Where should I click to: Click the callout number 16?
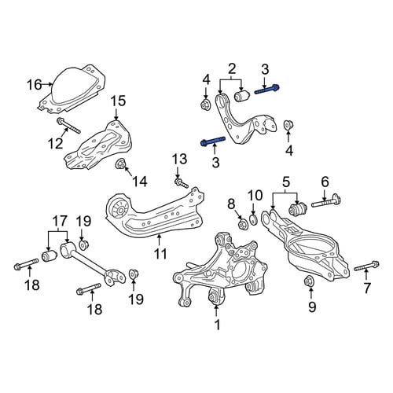click(35, 85)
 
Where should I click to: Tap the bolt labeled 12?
click(68, 126)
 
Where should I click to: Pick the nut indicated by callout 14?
click(121, 164)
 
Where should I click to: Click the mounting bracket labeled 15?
click(98, 145)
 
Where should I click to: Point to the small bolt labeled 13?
click(182, 182)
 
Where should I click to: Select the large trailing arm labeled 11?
click(155, 213)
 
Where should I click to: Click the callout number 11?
click(160, 253)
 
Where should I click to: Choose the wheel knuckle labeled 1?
click(221, 270)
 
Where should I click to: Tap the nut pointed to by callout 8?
click(242, 225)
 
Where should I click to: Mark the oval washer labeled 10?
click(253, 219)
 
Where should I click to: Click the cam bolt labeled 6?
click(325, 203)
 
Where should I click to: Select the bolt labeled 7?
click(366, 266)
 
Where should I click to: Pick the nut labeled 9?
click(309, 281)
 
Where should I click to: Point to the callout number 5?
click(285, 182)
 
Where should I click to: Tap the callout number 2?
click(232, 69)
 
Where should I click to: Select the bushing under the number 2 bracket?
click(243, 96)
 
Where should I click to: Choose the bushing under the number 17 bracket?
click(50, 255)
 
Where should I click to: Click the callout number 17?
click(60, 222)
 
